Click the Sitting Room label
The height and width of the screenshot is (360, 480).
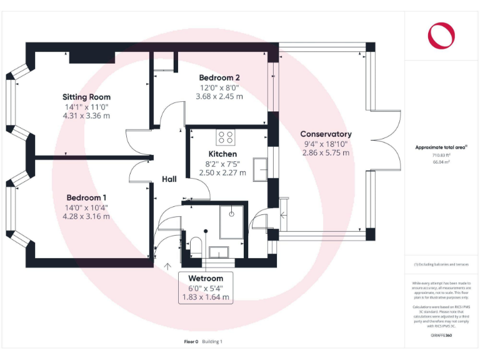(86, 97)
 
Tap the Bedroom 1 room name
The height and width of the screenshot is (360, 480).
(86, 197)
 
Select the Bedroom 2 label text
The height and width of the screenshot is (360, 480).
(219, 77)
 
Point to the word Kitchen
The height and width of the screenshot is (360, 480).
(222, 154)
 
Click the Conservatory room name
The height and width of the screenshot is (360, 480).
(326, 134)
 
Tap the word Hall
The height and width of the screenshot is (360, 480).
(169, 179)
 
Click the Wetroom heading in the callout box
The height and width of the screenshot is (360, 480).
(206, 278)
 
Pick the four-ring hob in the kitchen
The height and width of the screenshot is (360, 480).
(225, 137)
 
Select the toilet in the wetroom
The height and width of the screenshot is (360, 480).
(194, 245)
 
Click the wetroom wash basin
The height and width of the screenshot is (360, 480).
(219, 252)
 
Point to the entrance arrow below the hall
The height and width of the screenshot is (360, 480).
(167, 266)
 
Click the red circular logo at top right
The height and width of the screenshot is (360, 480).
(442, 35)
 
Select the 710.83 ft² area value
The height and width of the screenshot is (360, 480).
(442, 155)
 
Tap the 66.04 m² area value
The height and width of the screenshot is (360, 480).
(442, 161)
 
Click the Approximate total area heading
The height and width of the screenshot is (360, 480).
(441, 147)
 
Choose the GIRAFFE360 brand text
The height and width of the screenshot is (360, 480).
(442, 336)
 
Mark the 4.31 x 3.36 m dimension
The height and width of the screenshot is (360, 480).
(86, 116)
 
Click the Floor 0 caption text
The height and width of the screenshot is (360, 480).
(191, 341)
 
